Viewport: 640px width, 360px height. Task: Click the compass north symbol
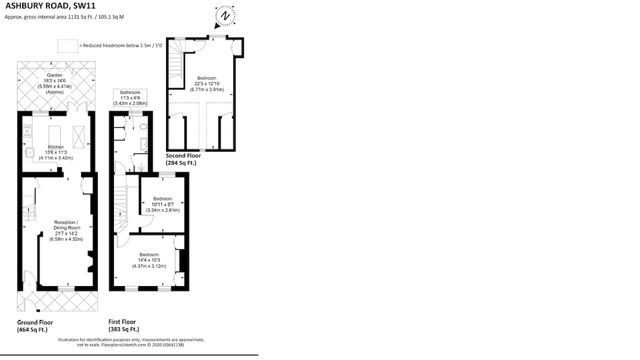226,16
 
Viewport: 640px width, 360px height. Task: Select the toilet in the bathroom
144,127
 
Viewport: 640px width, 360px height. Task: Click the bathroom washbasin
144,144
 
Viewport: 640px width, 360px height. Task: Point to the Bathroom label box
130,97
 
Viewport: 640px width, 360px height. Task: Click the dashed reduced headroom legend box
68,45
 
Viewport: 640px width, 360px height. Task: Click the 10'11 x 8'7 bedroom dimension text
163,204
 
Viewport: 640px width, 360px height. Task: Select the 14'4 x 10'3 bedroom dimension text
149,260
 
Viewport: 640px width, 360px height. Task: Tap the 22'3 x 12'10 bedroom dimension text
206,84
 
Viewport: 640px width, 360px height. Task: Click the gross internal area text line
64,17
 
